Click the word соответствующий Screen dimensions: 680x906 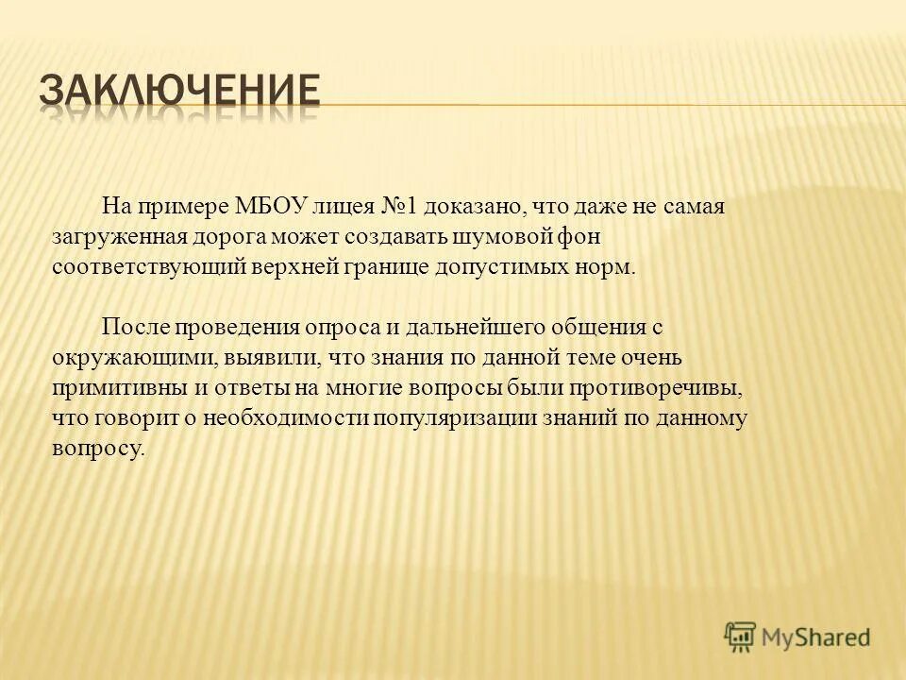pyautogui.click(x=148, y=265)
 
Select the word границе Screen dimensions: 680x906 pyautogui.click(x=385, y=265)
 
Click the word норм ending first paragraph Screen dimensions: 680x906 pyautogui.click(x=611, y=265)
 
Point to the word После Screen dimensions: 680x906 pyautogui.click(x=130, y=327)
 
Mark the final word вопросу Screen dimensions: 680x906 pyautogui.click(x=98, y=448)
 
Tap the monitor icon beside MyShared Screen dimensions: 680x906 pyautogui.click(x=740, y=637)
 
